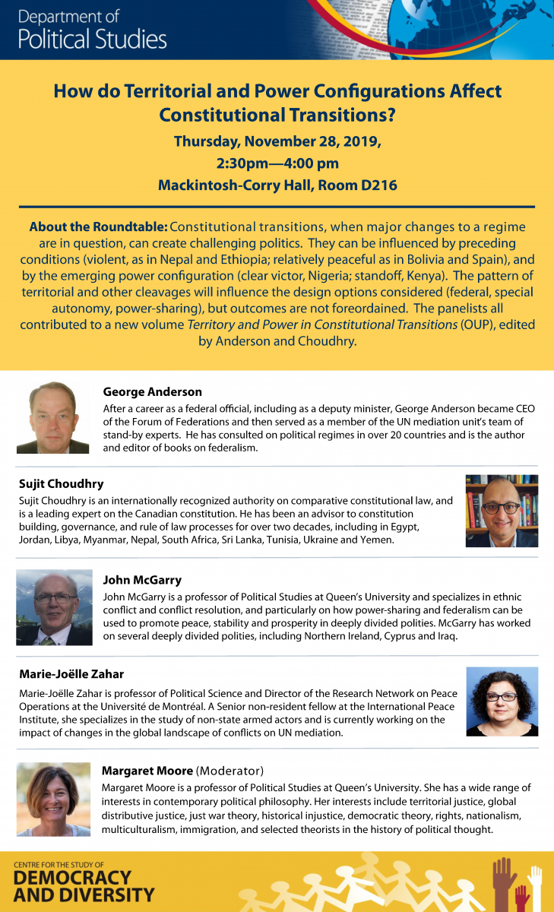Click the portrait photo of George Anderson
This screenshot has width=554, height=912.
pyautogui.click(x=52, y=417)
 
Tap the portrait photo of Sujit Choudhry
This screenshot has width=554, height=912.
pyautogui.click(x=502, y=511)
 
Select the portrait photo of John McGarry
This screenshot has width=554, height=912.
pyautogui.click(x=54, y=607)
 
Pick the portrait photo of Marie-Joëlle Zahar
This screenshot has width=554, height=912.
pyautogui.click(x=502, y=701)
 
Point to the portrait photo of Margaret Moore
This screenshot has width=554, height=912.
pyautogui.click(x=53, y=799)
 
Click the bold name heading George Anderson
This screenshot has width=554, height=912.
pyautogui.click(x=152, y=392)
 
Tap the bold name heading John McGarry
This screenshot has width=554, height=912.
pyautogui.click(x=142, y=580)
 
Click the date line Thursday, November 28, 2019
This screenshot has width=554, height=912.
pyautogui.click(x=277, y=141)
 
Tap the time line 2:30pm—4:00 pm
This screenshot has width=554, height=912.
pyautogui.click(x=277, y=163)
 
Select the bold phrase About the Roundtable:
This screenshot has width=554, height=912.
pyautogui.click(x=98, y=227)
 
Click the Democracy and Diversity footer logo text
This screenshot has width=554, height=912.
pyautogui.click(x=84, y=885)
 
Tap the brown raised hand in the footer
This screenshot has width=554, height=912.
pyautogui.click(x=505, y=882)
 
